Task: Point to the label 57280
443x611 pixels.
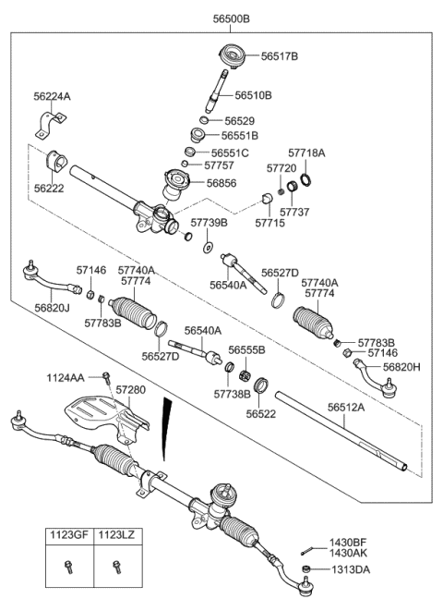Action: point(130,392)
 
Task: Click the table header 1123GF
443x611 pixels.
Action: point(71,534)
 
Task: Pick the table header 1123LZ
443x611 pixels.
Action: point(117,534)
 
